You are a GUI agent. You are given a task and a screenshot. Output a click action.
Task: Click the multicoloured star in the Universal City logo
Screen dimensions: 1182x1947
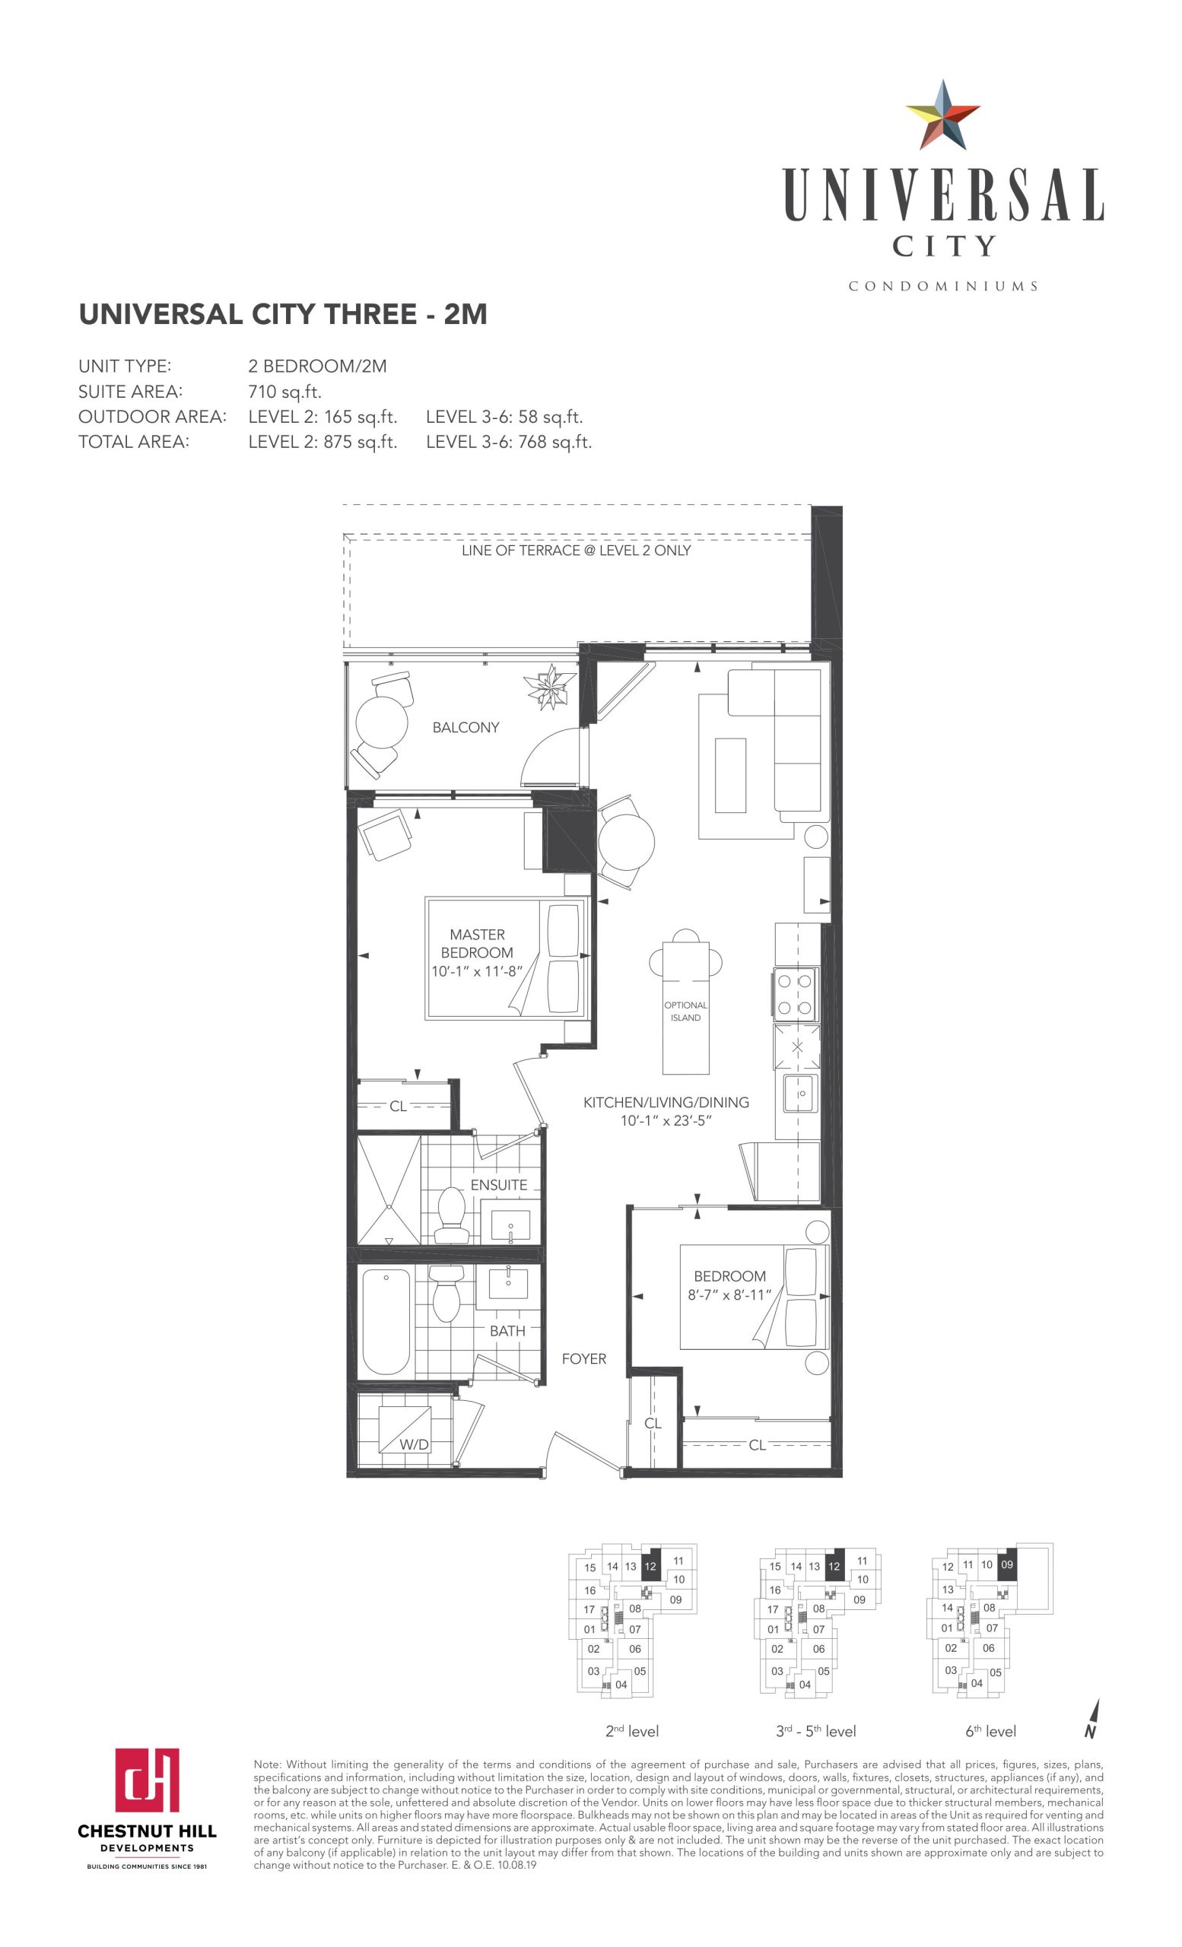coord(942,116)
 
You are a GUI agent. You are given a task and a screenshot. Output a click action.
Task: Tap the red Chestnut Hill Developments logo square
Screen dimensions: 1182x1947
coord(147,1779)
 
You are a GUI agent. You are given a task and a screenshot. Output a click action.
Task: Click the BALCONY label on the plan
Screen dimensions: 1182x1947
coord(465,727)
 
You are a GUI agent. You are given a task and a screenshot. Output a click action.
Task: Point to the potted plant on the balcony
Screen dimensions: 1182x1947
coord(551,686)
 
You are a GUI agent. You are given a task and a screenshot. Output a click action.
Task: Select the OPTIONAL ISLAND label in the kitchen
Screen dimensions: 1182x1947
coord(685,1012)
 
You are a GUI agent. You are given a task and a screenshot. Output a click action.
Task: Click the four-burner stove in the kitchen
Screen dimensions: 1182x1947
coord(796,994)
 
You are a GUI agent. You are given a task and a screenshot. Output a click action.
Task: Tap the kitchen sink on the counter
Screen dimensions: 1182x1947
coord(800,1094)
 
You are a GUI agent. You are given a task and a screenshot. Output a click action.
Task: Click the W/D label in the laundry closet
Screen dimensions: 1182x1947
coord(414,1444)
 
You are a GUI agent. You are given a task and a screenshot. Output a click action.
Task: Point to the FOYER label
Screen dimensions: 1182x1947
coord(584,1358)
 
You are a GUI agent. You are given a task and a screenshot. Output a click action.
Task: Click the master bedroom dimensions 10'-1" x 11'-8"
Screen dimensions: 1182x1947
coord(477,971)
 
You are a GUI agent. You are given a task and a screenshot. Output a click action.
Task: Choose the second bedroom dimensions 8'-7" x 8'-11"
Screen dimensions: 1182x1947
coord(729,1294)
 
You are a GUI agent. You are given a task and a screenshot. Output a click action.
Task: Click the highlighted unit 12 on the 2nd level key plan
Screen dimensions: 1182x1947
coord(650,1566)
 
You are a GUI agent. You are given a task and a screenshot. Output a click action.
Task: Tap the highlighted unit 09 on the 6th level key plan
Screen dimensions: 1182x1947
coord(1006,1564)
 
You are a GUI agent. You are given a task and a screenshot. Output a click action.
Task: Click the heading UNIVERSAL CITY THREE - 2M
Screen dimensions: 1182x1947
coord(283,315)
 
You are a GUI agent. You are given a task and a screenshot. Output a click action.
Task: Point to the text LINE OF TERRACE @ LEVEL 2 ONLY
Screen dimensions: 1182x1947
coord(576,551)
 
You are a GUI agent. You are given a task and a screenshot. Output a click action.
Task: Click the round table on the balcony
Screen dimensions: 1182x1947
coord(382,722)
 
